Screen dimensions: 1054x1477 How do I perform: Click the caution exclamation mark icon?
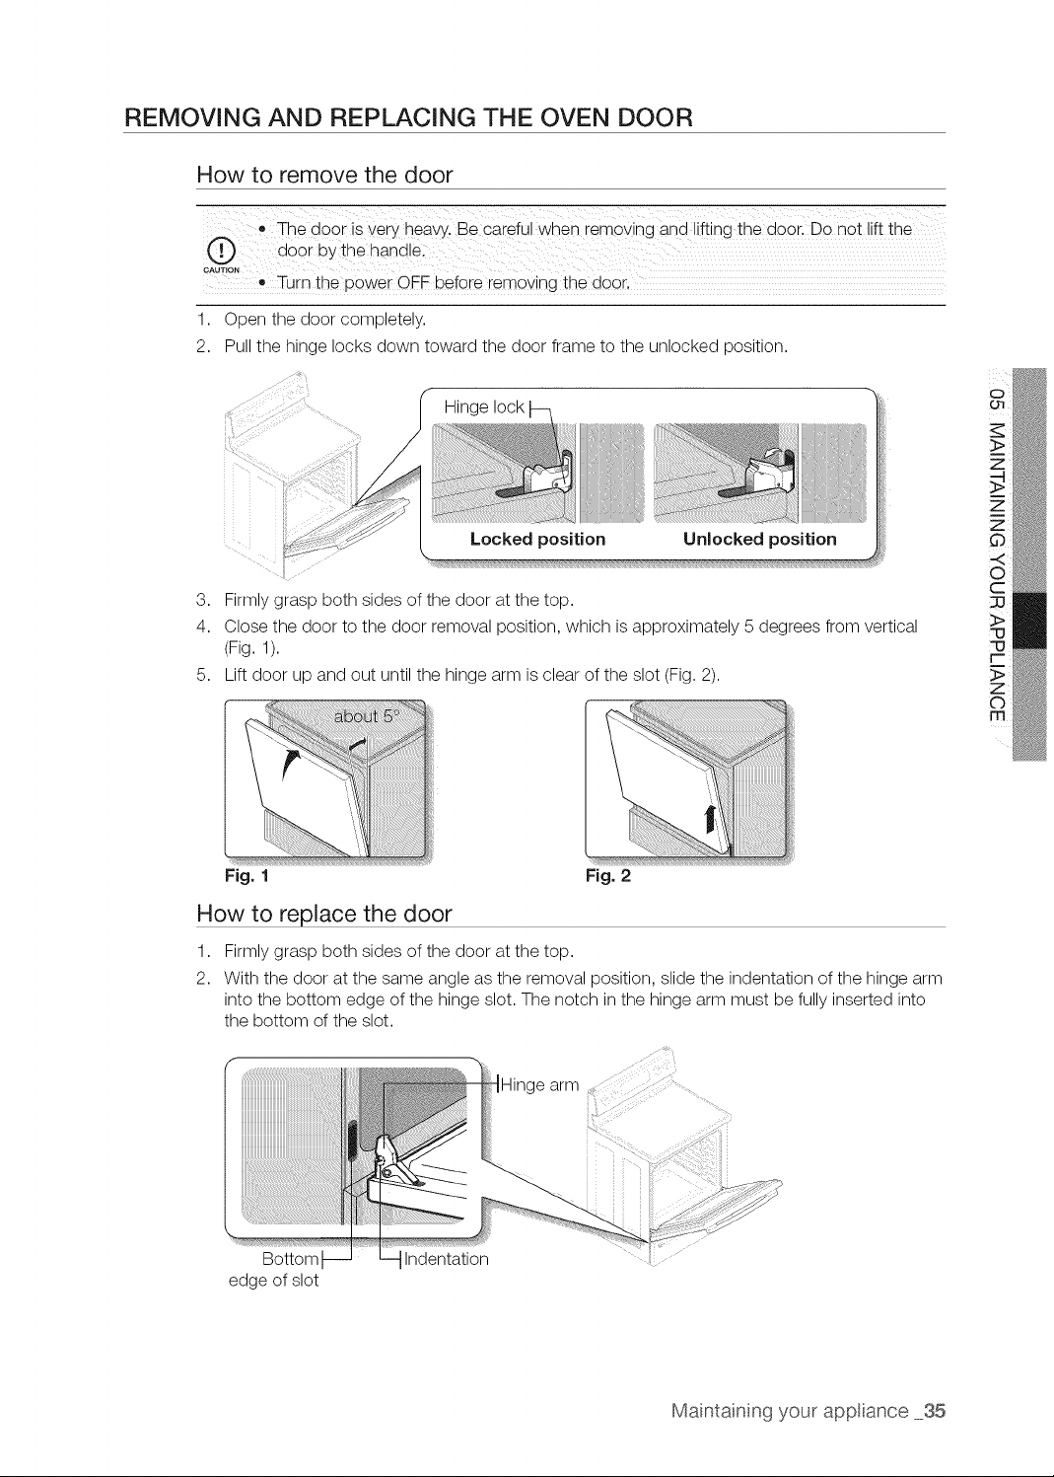pos(221,252)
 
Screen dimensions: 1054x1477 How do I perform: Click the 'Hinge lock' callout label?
pos(484,406)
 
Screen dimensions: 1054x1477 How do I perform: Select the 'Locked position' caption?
pos(537,539)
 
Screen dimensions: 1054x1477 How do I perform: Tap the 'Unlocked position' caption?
pos(759,539)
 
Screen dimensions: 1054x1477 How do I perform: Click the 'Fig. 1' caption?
pos(247,876)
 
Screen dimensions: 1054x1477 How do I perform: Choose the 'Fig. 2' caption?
pos(608,876)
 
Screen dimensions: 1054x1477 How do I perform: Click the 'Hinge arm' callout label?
pos(539,1084)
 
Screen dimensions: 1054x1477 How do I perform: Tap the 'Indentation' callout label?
pos(446,1259)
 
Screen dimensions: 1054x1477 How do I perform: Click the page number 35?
pos(934,1411)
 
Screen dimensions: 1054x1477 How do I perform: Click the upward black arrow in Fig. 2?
pos(710,818)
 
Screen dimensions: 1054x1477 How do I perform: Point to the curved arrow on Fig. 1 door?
pos(290,765)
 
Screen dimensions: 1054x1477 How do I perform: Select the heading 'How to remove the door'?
pos(324,175)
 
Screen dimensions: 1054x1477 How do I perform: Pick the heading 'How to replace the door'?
pos(324,914)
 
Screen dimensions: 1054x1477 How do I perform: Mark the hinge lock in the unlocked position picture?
pos(771,471)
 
